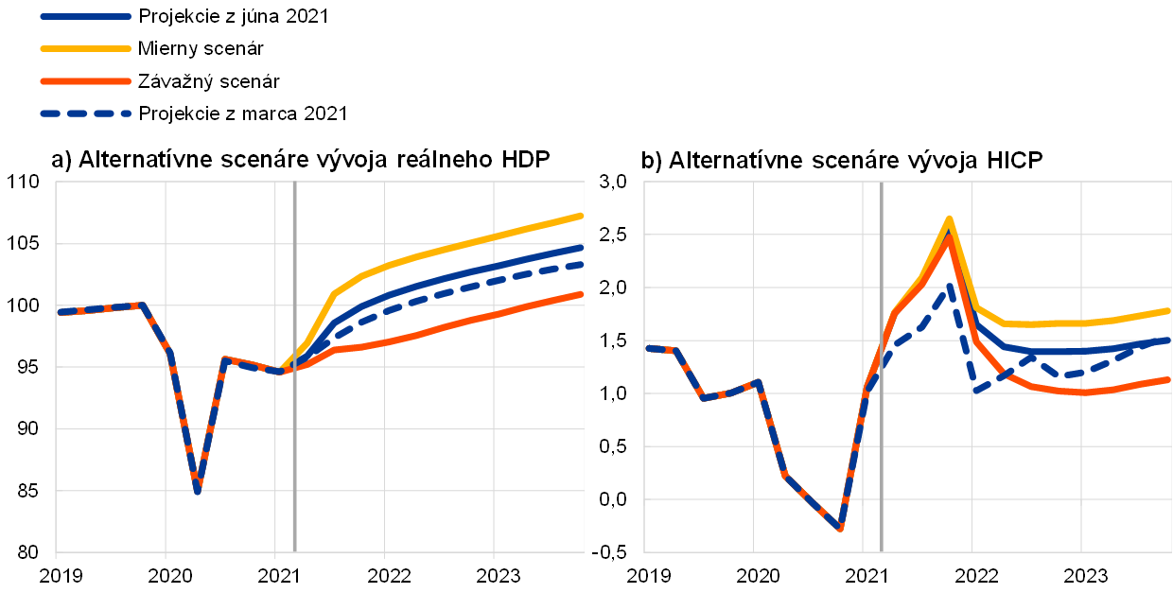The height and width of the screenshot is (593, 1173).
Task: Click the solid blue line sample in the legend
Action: (85, 16)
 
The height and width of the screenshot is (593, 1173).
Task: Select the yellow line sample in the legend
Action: (85, 48)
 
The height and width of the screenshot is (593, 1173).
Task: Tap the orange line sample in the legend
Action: (85, 81)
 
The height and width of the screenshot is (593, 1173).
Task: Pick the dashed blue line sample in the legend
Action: (85, 113)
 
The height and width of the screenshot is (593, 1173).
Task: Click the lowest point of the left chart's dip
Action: (197, 491)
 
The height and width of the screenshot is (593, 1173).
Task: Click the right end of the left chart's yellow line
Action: (582, 216)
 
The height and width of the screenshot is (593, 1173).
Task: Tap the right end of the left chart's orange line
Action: (582, 294)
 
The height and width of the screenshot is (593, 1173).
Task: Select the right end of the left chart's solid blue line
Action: (582, 247)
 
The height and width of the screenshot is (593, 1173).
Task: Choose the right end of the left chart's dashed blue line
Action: (582, 264)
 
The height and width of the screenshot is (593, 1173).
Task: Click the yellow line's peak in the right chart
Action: (949, 219)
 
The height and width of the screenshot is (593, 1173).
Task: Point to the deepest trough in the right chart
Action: (840, 528)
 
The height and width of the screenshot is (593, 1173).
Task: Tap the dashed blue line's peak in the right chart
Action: (949, 286)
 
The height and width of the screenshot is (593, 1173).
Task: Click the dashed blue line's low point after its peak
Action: (975, 390)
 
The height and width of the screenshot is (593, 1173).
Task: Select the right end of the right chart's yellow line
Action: (1169, 310)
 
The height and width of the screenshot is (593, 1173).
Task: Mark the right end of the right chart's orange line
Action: (1169, 379)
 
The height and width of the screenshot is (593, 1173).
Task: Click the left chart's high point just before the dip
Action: (140, 305)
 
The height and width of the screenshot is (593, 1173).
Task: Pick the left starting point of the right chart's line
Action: (648, 348)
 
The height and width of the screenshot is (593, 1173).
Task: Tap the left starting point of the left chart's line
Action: (60, 311)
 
